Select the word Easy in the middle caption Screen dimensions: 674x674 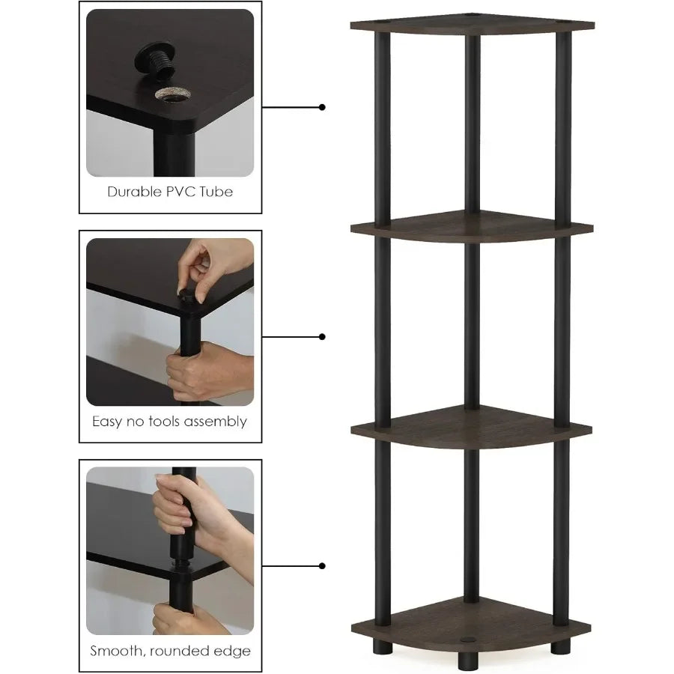point(108,422)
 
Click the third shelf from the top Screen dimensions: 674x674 point(472,428)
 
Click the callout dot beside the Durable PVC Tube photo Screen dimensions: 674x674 point(323,107)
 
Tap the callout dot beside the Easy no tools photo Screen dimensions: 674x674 point(323,337)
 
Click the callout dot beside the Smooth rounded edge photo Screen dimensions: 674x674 point(323,566)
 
